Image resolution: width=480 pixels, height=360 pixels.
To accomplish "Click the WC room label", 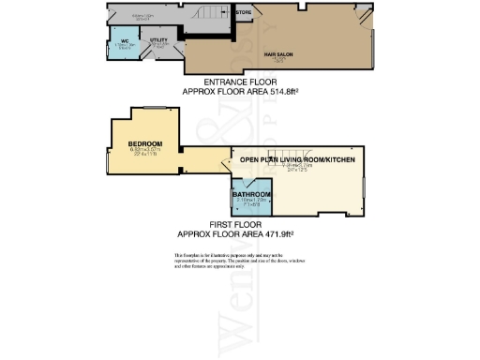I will click(124, 40).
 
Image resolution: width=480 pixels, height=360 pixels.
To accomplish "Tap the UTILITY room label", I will click(158, 40).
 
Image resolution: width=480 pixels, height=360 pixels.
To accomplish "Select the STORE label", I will click(243, 12).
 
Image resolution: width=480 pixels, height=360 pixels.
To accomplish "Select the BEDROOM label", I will click(145, 144).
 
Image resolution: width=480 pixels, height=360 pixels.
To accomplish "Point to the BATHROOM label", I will click(251, 194).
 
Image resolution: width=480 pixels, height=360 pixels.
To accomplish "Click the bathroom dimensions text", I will click(251, 202).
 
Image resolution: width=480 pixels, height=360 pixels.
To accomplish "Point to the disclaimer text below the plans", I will click(240, 262).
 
